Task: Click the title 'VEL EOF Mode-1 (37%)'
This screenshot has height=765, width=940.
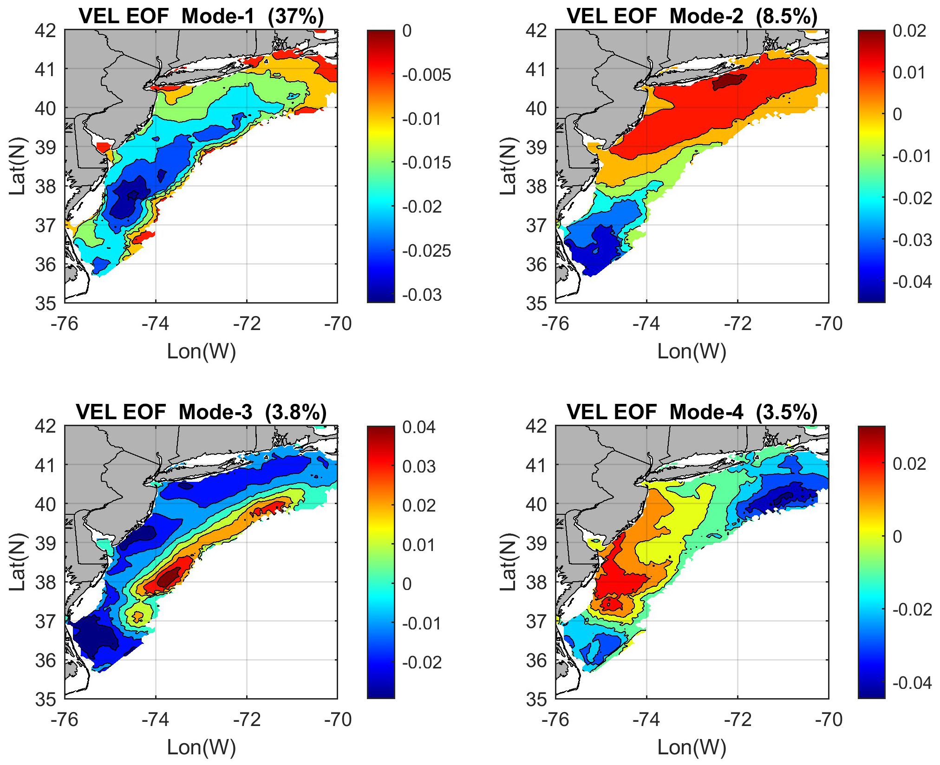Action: (x=201, y=16)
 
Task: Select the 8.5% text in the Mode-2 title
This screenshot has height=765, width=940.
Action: (x=786, y=16)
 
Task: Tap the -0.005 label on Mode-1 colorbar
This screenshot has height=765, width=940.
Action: (x=426, y=75)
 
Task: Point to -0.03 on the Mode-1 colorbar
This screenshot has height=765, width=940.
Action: (x=422, y=295)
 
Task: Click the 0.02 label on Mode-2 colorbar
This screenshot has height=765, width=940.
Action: (x=909, y=31)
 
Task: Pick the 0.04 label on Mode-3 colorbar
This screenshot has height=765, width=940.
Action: (x=419, y=427)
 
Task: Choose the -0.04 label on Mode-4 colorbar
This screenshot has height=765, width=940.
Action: (x=912, y=683)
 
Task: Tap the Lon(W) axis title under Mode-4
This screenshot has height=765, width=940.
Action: (x=692, y=747)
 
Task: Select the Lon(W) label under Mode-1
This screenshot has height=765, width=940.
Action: (x=201, y=352)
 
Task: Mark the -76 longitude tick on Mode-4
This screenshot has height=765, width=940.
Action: (x=555, y=720)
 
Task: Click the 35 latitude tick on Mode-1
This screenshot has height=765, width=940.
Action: (x=46, y=303)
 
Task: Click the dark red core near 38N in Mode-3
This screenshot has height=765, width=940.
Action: (x=168, y=578)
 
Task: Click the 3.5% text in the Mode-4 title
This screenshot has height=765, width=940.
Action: (x=786, y=412)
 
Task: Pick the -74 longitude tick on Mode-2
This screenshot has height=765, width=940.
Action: (x=646, y=324)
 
